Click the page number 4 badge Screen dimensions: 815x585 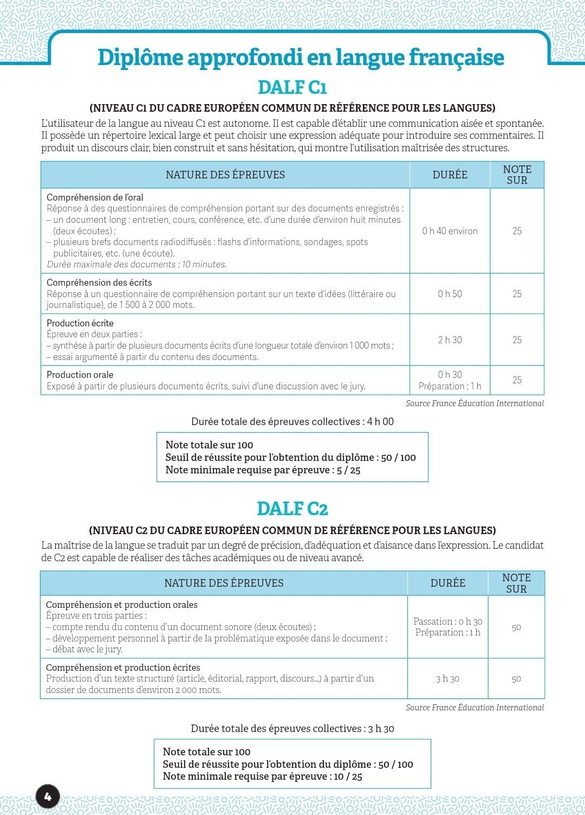tap(47, 796)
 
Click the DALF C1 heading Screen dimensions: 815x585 tap(292, 87)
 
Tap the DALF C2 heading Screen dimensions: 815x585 tap(292, 509)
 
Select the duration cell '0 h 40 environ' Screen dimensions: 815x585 tap(450, 231)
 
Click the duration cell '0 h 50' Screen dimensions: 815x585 tap(450, 294)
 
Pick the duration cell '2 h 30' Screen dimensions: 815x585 tap(450, 340)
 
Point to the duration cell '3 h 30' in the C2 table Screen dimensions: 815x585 tap(447, 679)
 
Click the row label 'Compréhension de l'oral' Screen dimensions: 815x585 tap(95, 197)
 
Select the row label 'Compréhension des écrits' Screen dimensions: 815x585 tap(99, 283)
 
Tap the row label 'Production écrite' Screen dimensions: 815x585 tap(80, 323)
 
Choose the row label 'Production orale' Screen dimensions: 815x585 tap(80, 375)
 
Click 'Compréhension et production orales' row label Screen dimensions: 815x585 tap(122, 605)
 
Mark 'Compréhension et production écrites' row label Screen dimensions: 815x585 tap(123, 668)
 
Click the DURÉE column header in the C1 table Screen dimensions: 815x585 tap(450, 175)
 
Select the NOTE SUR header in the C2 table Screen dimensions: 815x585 tap(516, 583)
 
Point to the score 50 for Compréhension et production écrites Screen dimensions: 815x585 tap(516, 679)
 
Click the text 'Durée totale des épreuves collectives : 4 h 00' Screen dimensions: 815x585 tap(292, 421)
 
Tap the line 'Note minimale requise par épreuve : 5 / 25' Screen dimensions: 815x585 tap(263, 470)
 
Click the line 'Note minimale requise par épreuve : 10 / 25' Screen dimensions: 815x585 tap(263, 777)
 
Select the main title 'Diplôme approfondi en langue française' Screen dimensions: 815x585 tap(301, 57)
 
